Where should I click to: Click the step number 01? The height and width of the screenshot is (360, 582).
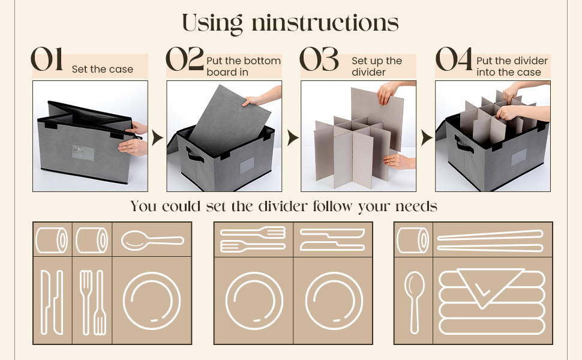pos(47,59)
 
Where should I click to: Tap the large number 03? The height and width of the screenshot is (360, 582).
pos(319,59)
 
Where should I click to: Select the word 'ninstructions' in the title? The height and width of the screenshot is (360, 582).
pos(325,23)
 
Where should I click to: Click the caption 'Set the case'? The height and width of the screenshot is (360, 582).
pos(103,70)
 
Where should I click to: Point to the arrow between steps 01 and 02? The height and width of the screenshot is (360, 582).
pos(157,137)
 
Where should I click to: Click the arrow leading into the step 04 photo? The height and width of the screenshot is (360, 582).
pos(427,137)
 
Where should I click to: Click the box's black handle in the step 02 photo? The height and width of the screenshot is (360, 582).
pos(194,155)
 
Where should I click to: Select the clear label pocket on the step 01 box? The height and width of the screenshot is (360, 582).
pos(83,153)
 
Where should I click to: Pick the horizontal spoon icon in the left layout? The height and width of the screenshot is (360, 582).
pos(152,240)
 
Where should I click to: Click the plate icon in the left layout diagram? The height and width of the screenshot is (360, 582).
pos(152,301)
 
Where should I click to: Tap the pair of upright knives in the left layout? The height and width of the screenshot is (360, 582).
pos(52,302)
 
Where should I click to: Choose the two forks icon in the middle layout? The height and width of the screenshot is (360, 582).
pos(253,240)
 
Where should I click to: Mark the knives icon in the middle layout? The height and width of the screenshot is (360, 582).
pos(332,240)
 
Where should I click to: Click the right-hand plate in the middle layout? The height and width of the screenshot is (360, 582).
pos(334,301)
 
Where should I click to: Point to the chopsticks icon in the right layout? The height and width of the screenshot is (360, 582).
pos(490,241)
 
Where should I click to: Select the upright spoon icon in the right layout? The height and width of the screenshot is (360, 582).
pos(414,302)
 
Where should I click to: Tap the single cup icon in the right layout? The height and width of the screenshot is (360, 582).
pos(413,240)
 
